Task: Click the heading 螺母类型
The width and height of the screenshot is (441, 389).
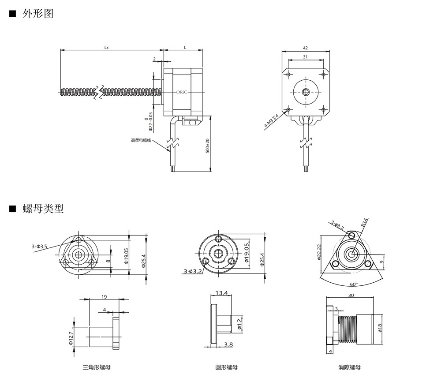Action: [43, 209]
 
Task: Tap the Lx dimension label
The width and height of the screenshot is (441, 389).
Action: [107, 47]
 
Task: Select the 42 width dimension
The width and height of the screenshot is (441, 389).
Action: [306, 47]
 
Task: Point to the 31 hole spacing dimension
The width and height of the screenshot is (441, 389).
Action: [306, 57]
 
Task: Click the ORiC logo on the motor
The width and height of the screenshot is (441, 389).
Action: [182, 92]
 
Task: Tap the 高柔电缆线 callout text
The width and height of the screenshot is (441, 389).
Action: [141, 140]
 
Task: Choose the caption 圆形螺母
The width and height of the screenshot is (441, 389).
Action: [226, 367]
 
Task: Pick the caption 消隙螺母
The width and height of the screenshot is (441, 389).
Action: [349, 367]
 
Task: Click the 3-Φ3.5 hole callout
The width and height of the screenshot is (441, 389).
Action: [39, 246]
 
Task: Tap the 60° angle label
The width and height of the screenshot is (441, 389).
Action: [354, 284]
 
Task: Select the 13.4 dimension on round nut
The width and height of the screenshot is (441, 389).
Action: [221, 293]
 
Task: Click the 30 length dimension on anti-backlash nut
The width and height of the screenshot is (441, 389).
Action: [351, 296]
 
